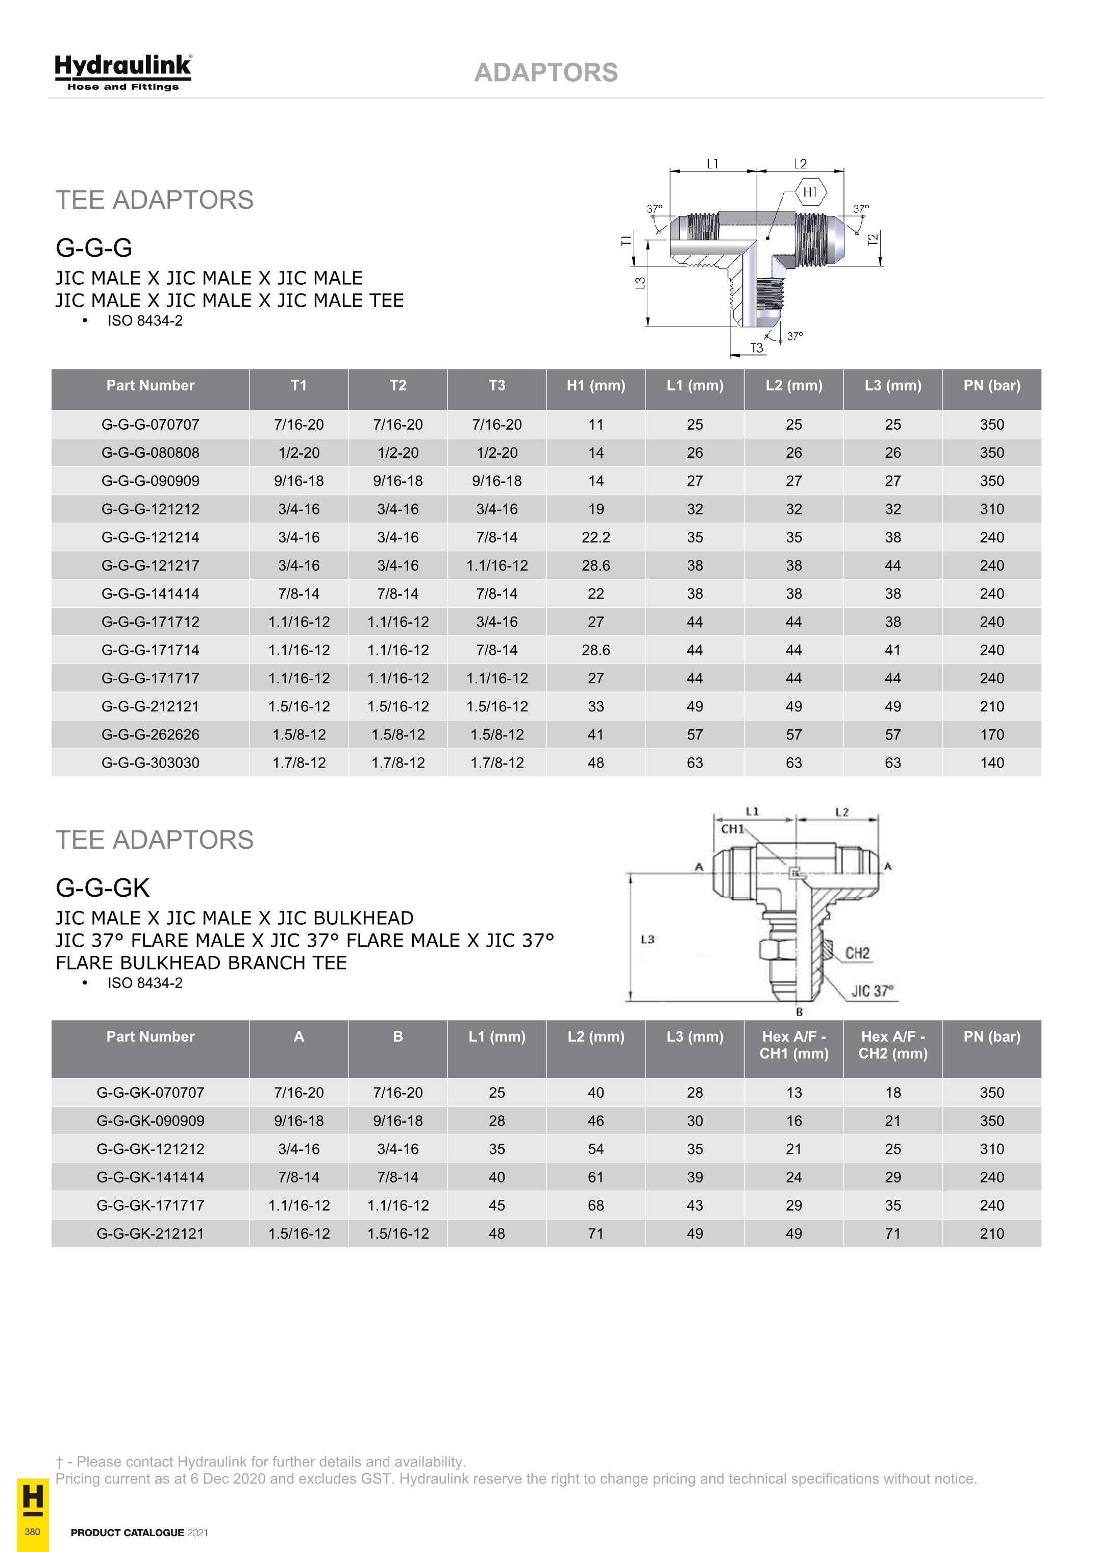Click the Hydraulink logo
click(123, 71)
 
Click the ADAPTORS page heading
click(545, 72)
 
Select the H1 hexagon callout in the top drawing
click(810, 192)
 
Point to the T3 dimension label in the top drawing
click(756, 348)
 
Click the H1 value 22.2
click(595, 537)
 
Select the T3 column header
click(497, 385)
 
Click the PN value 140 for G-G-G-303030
click(991, 762)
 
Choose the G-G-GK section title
click(103, 888)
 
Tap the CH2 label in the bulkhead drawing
click(857, 953)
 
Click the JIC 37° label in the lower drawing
click(872, 991)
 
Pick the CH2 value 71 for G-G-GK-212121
click(892, 1233)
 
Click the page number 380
click(32, 1531)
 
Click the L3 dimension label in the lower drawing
click(647, 940)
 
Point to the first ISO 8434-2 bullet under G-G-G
click(144, 321)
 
